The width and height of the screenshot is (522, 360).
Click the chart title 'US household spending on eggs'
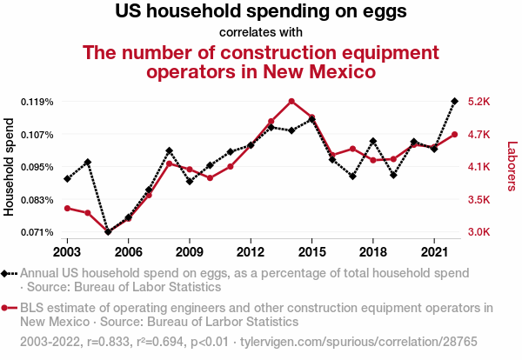tap(261, 13)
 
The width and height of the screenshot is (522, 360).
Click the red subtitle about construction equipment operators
tap(261, 62)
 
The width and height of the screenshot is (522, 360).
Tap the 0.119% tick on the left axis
tap(37, 102)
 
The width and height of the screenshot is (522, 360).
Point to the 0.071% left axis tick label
tap(37, 232)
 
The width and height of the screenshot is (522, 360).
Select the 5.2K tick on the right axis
tap(480, 102)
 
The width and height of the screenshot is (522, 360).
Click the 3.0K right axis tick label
tap(480, 232)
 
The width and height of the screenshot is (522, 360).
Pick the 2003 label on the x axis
tap(67, 251)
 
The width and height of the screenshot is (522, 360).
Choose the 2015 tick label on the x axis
tap(311, 251)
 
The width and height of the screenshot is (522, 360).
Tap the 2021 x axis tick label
tap(434, 251)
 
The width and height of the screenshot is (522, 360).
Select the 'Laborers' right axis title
tap(512, 166)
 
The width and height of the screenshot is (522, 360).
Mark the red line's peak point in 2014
tap(291, 102)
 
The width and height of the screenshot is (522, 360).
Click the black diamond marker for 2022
tap(454, 101)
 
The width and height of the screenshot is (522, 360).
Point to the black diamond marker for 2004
tap(88, 162)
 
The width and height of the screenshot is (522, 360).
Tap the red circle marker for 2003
tap(67, 208)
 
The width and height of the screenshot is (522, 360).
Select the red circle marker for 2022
tap(454, 135)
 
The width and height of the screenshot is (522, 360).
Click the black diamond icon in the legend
tap(8, 272)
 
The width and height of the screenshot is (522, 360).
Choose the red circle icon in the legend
tap(8, 308)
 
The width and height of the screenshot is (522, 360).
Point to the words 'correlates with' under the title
tap(261, 33)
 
